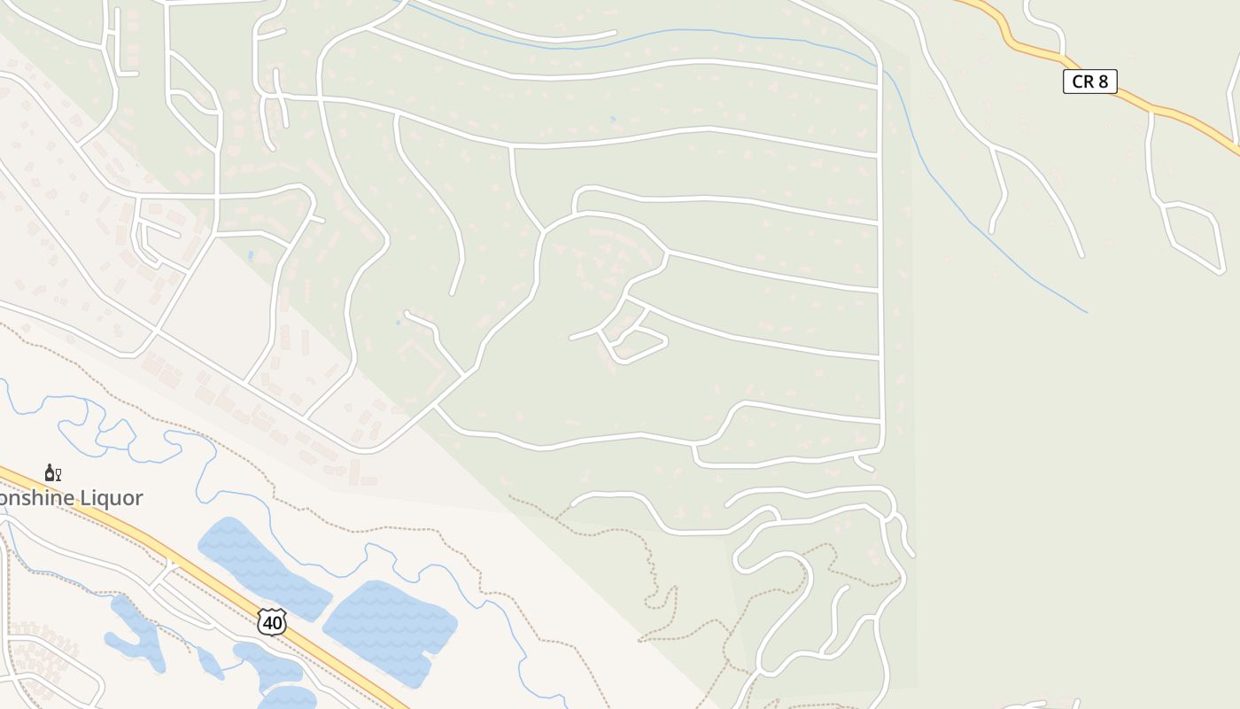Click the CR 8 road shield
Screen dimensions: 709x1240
1089,82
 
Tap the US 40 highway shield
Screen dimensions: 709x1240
273,622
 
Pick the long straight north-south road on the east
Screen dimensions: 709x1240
880,266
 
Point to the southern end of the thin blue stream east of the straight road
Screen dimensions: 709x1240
1086,311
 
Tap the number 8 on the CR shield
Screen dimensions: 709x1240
1103,82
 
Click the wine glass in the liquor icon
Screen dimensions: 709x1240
58,474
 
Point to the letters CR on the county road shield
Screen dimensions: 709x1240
1082,82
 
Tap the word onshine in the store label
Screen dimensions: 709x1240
39,498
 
